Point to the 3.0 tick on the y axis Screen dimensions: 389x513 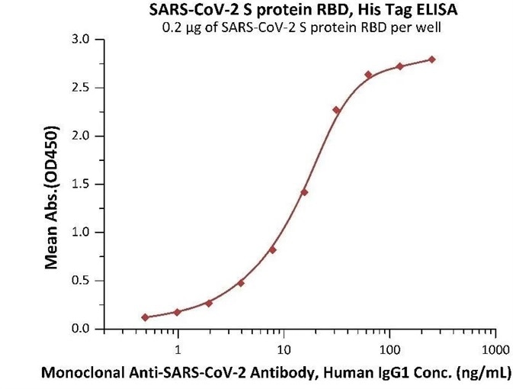79,39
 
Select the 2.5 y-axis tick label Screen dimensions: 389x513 79,88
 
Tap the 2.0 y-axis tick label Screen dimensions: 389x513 79,136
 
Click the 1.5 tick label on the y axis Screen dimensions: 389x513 79,184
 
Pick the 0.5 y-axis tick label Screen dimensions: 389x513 79,281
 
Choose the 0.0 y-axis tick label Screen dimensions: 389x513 79,329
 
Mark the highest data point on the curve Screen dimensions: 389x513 432,59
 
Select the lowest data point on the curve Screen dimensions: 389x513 145,317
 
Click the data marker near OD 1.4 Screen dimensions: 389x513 304,192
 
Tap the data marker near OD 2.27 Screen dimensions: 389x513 336,110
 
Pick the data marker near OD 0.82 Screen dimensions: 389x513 272,249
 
